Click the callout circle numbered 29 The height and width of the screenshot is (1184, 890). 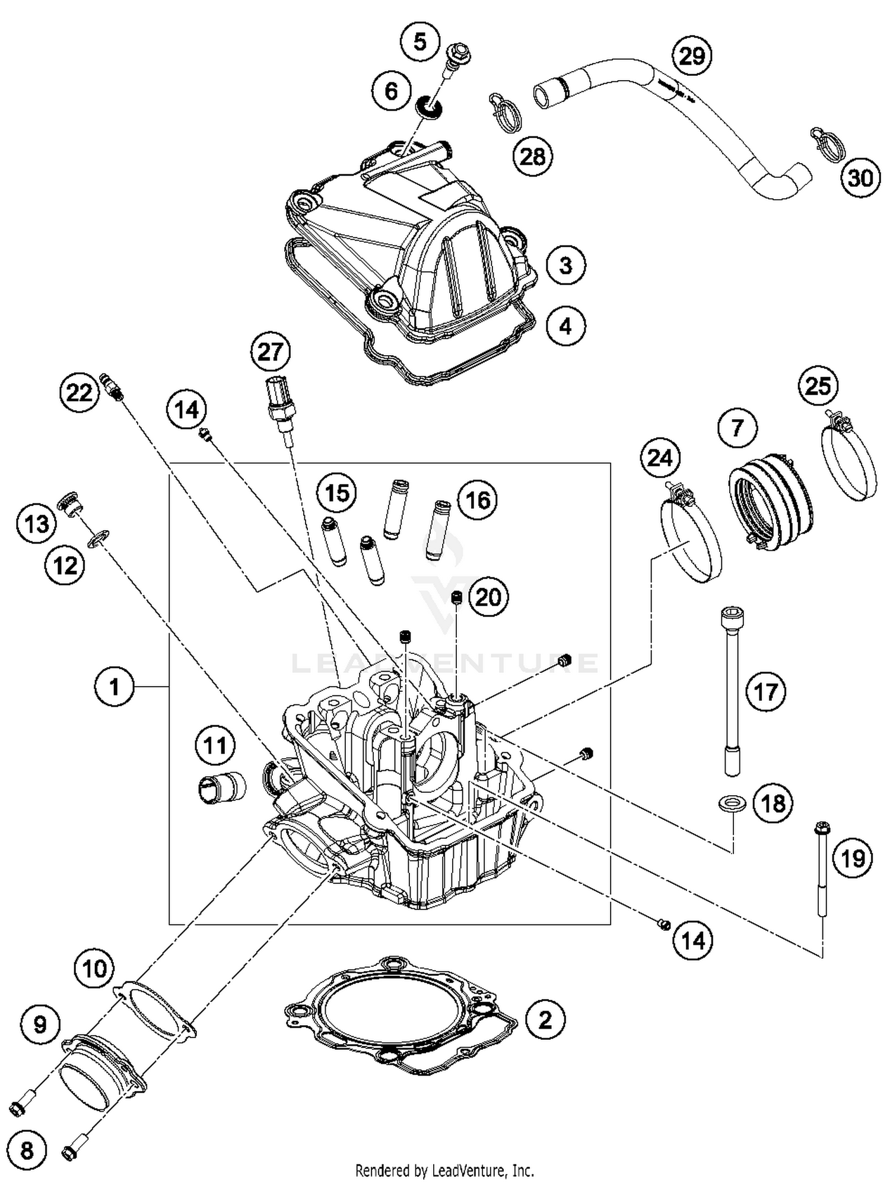click(x=692, y=56)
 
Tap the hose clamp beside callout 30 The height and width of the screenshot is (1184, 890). click(x=827, y=143)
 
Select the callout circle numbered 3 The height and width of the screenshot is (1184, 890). click(x=565, y=265)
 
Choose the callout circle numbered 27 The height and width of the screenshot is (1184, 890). click(x=270, y=352)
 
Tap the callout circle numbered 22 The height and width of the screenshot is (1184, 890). click(x=80, y=392)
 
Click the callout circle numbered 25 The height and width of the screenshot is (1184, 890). click(x=818, y=386)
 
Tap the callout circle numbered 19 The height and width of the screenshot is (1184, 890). click(x=853, y=857)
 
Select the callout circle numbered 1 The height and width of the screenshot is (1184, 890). click(x=115, y=687)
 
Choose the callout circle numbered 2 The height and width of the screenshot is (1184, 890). click(x=545, y=1020)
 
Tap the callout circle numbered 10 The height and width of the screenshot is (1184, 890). click(x=95, y=969)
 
